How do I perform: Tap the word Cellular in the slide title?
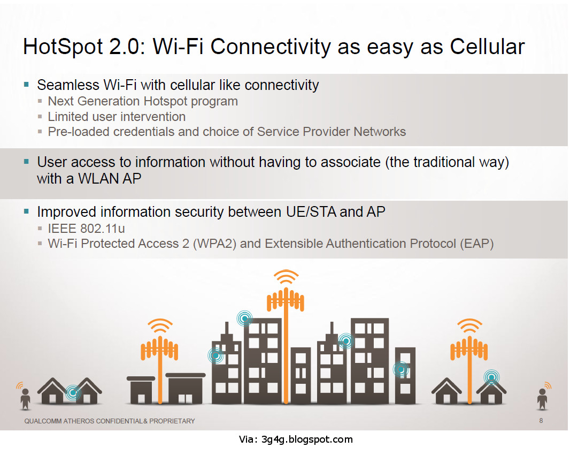(487, 47)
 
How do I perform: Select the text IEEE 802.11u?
(86, 229)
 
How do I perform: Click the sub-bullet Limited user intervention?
(117, 117)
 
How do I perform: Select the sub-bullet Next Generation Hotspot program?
(143, 101)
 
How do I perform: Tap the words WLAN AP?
(110, 178)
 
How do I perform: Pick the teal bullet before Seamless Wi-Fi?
(26, 85)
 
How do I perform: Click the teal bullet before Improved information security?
(26, 212)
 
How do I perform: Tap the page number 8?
(541, 421)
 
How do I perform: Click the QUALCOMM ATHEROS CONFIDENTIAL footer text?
(110, 421)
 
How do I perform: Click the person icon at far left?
(25, 398)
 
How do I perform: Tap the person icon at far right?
(542, 398)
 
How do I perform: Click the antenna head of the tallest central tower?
(286, 300)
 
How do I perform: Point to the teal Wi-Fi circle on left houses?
(73, 393)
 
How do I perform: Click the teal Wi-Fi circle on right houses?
(491, 378)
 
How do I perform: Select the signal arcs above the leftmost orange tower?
(159, 326)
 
